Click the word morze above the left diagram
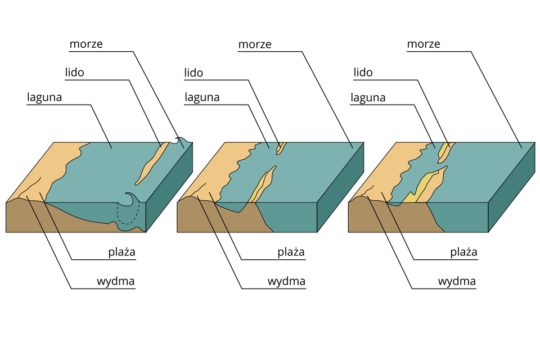coord(86,44)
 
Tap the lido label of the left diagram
coord(75,73)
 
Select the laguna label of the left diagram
coord(44,97)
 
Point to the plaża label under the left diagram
coord(122,251)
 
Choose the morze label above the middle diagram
coord(255,44)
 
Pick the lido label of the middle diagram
coord(193,73)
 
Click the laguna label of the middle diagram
coord(202,97)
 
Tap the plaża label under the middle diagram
coord(291,251)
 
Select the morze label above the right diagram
coord(424,44)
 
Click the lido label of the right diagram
coord(363,73)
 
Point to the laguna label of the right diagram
coord(368,97)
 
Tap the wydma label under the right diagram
coord(458,281)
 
